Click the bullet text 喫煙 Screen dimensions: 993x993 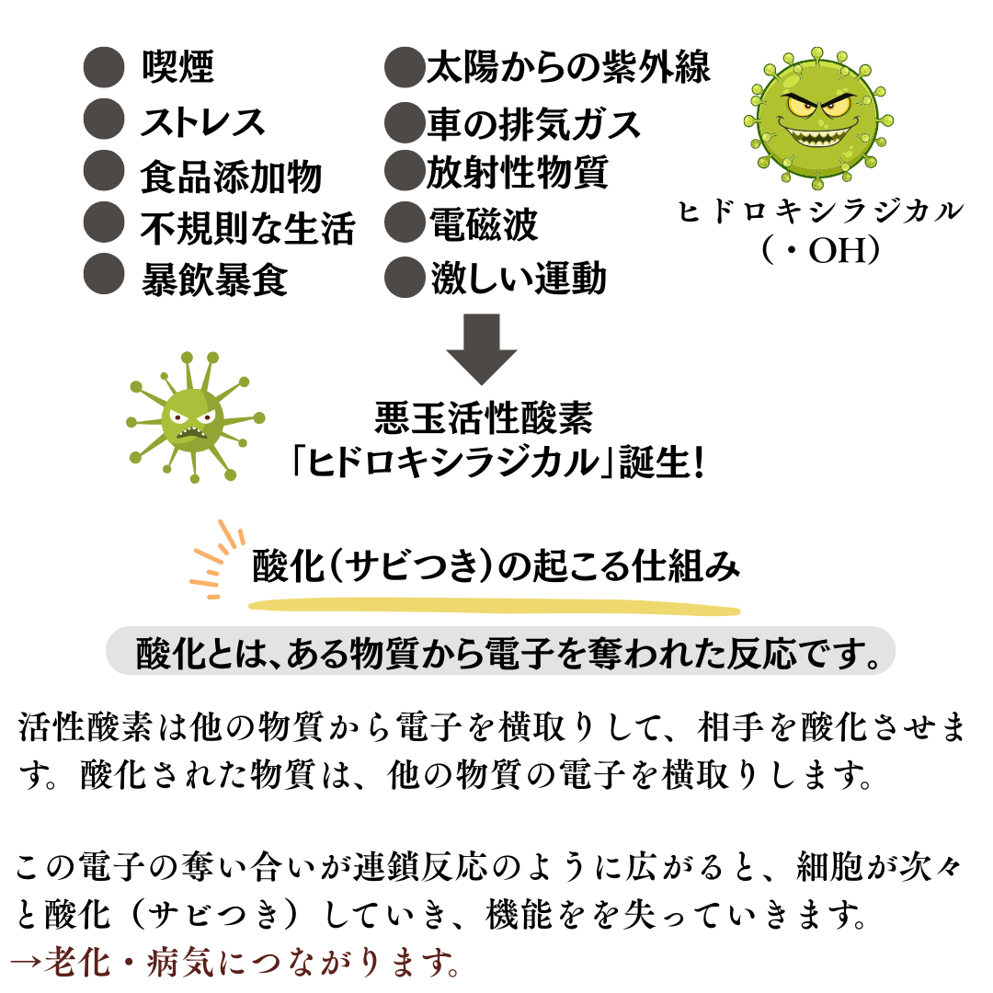178,66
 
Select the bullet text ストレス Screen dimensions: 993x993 202,121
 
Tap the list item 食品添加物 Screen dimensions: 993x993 232,176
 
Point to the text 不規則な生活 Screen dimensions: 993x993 247,228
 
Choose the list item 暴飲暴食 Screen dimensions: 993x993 214,280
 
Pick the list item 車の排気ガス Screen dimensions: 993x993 534,123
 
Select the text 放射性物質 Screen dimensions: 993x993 518,172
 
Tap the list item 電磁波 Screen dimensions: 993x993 484,224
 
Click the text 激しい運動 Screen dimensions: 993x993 519,278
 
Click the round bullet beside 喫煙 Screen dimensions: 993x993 104,66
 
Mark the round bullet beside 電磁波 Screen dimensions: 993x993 405,223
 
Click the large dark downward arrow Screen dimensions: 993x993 482,349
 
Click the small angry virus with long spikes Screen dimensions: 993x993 195,417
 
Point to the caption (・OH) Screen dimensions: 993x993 821,250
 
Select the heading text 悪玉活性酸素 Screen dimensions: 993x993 484,418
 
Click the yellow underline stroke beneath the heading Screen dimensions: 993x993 495,607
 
